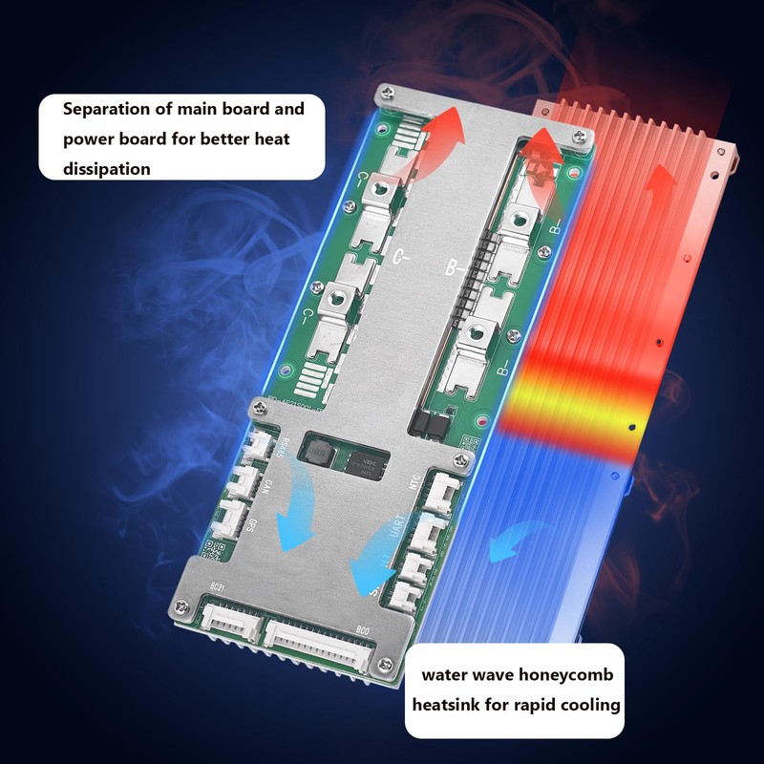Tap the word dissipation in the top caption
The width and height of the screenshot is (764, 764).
coord(107,169)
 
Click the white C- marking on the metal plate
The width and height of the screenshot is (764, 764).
coord(402,256)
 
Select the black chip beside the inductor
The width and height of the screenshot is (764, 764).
coord(365,466)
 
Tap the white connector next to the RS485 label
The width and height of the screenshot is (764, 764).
coord(259,444)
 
